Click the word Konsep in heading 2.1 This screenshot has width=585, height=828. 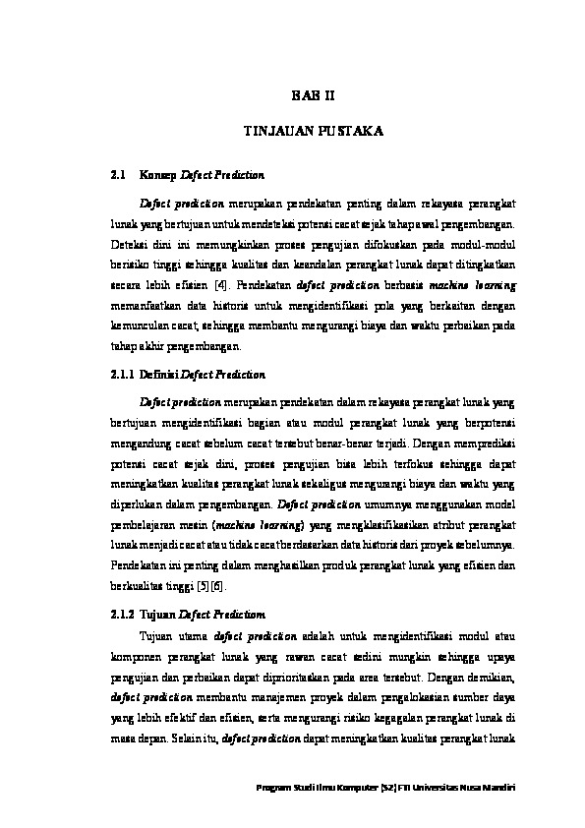click(x=156, y=175)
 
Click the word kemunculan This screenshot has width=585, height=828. click(x=139, y=324)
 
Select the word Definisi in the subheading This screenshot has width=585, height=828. click(x=161, y=375)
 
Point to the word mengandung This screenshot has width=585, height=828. click(x=139, y=444)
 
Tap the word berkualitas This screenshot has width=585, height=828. click(x=138, y=585)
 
